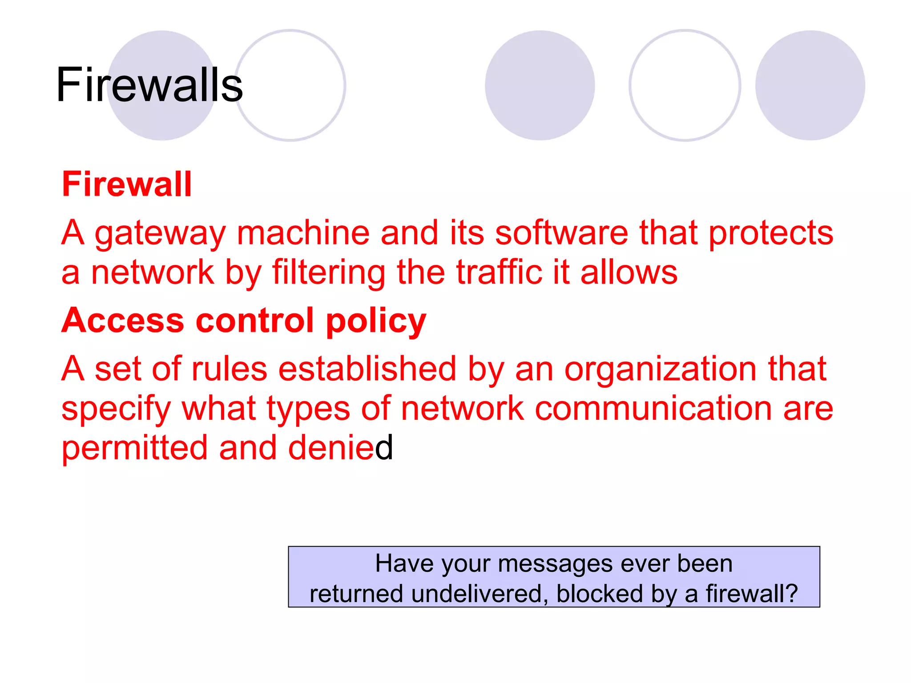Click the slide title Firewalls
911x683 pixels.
149,84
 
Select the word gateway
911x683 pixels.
160,233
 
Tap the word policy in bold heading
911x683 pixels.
376,321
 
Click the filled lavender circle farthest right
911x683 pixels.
810,85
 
